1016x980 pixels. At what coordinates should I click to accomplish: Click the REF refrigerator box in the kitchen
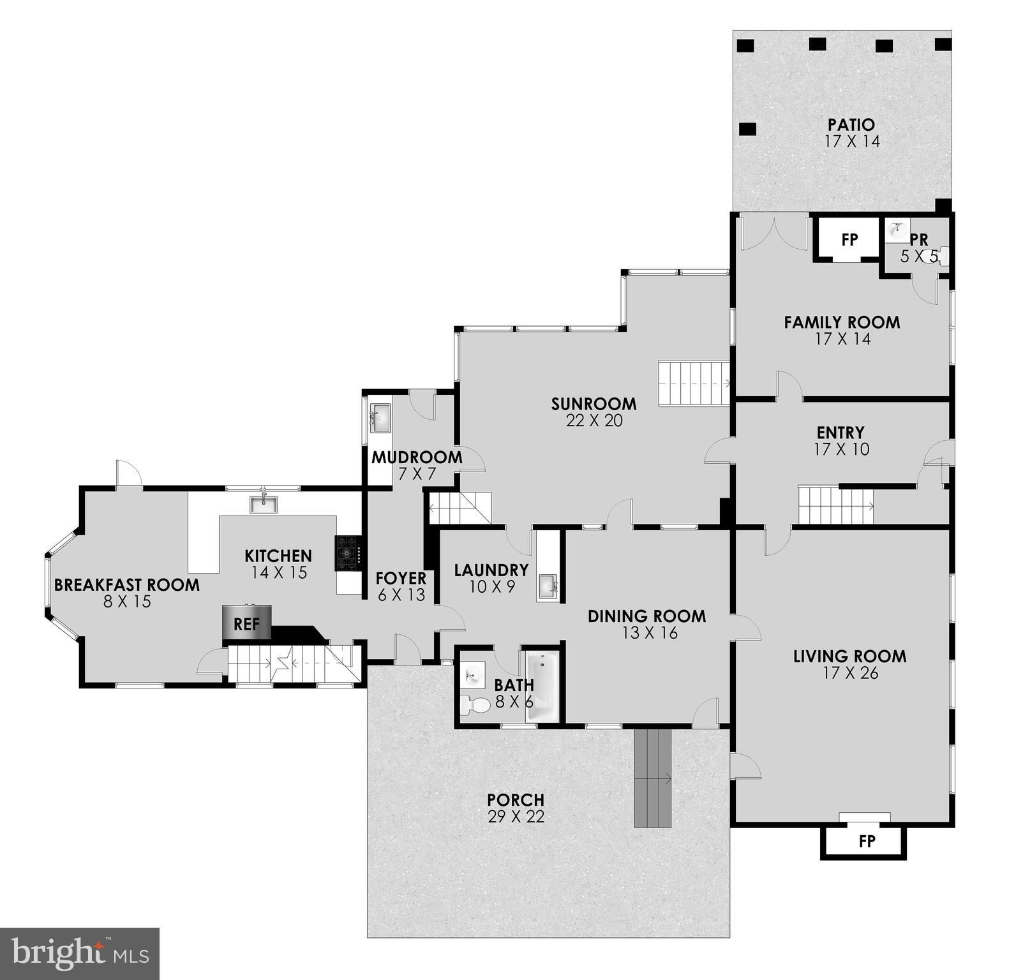246,623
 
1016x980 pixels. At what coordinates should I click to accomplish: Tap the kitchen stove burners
348,553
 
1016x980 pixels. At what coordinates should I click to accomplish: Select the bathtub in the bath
542,687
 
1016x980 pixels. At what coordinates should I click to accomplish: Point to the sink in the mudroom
380,419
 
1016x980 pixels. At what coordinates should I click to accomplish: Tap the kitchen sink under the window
264,505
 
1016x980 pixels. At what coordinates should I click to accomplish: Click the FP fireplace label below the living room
867,842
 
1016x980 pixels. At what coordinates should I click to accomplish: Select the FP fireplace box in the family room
849,240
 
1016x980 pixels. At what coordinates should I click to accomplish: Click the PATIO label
851,124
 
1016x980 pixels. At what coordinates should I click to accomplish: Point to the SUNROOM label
594,404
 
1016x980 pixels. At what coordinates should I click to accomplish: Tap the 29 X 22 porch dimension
516,817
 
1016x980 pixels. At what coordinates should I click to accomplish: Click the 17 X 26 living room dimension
849,672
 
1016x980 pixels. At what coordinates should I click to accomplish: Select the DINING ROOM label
646,616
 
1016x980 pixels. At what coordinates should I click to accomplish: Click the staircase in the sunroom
694,383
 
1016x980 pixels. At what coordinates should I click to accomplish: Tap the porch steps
653,778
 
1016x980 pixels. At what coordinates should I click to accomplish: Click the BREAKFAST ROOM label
127,584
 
